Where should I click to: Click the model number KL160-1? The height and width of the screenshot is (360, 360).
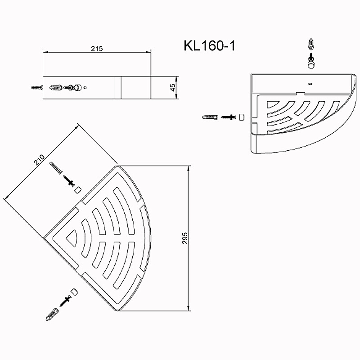pos(209,46)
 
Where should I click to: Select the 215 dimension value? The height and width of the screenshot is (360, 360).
pos(97,49)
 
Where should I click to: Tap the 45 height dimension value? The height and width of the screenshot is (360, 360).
pos(173,87)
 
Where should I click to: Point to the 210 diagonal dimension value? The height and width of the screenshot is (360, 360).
pos(39,160)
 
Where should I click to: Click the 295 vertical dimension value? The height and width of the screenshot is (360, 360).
pos(185,238)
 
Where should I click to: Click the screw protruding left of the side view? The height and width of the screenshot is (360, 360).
pos(37,87)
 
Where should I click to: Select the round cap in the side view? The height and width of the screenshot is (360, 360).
pos(77,87)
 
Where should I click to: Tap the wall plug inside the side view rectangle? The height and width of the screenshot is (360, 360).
pos(55,87)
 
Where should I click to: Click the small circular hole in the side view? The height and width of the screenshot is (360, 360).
pos(85,87)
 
